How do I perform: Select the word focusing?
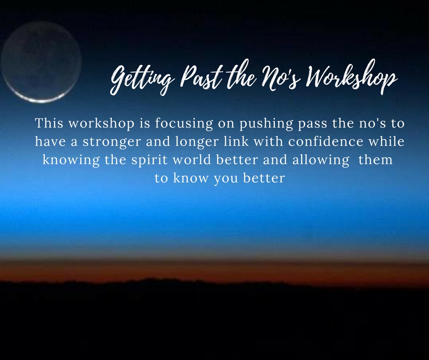point(184,123)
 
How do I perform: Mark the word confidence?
point(325,141)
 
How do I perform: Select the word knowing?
point(71,160)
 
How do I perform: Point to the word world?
point(192,160)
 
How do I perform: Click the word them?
point(375,160)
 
